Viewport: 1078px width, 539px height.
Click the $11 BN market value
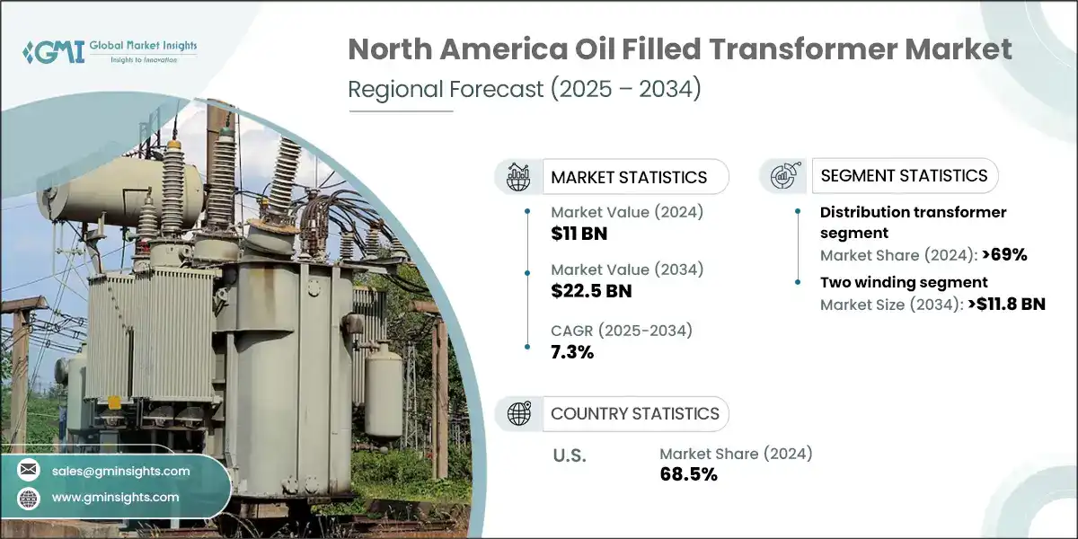(573, 234)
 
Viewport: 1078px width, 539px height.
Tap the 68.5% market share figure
(688, 474)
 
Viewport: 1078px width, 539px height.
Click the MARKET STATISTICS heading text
(629, 177)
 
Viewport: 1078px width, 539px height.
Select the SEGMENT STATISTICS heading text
(904, 175)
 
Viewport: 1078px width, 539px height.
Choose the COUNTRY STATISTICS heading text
(635, 414)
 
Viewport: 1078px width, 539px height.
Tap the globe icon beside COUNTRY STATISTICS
(519, 413)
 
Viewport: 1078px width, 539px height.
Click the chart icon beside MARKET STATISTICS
(519, 176)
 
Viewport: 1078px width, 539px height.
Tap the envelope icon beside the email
(29, 470)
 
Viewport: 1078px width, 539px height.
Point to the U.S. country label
(569, 456)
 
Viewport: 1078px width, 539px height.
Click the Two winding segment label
(904, 282)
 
